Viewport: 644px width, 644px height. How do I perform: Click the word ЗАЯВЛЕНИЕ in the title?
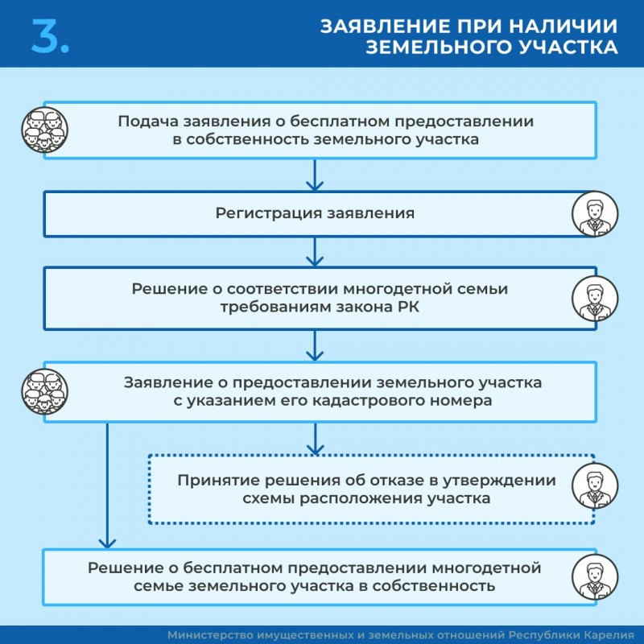tap(379, 26)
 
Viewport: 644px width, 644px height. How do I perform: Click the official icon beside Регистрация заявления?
tap(595, 214)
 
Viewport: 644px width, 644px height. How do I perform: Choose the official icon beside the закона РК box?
tap(595, 299)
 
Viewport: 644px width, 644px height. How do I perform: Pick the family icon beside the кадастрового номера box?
tap(43, 392)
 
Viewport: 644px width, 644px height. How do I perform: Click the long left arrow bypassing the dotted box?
tap(105, 483)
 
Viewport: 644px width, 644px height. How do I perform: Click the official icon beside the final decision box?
tap(595, 577)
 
